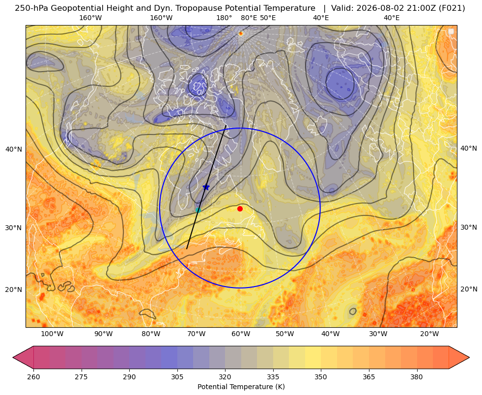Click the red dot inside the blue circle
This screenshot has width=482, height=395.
[240, 209]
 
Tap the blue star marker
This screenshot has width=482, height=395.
[206, 187]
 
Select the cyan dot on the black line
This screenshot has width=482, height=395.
[198, 210]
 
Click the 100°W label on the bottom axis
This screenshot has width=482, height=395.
[52, 334]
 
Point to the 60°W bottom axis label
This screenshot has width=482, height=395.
[241, 334]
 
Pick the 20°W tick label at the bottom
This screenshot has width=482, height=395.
[429, 334]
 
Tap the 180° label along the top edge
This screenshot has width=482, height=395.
[224, 18]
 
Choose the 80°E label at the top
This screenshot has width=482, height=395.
[249, 18]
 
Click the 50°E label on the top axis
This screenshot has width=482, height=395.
[268, 18]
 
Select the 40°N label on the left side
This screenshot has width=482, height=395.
[14, 150]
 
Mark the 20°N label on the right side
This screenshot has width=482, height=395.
[469, 289]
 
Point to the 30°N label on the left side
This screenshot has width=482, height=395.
[14, 228]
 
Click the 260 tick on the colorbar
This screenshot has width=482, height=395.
[33, 377]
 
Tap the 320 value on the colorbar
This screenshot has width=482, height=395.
[225, 377]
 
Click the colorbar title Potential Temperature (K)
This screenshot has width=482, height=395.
[241, 387]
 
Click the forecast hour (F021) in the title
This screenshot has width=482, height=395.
[453, 8]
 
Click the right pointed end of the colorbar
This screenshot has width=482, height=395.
[468, 357]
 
